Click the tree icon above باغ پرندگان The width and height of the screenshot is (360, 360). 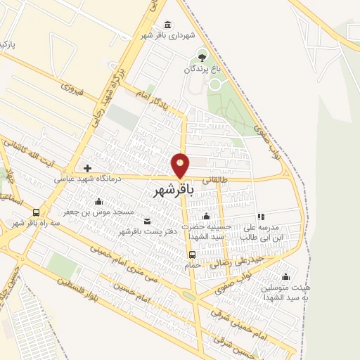coord(202,57)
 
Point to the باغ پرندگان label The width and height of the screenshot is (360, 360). coord(202,69)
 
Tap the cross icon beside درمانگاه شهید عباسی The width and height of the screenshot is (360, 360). coord(87,168)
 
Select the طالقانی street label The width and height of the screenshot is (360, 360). coord(216,179)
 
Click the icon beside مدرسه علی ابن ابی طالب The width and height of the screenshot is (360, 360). coord(261,217)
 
